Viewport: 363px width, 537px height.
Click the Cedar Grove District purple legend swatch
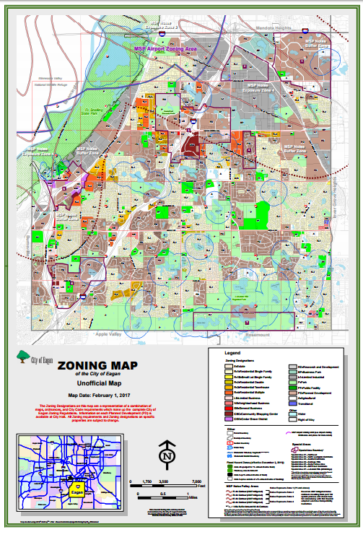tap(227, 419)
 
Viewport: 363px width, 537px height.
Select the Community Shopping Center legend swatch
tap(227, 414)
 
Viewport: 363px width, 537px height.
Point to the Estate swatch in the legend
tap(227, 367)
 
